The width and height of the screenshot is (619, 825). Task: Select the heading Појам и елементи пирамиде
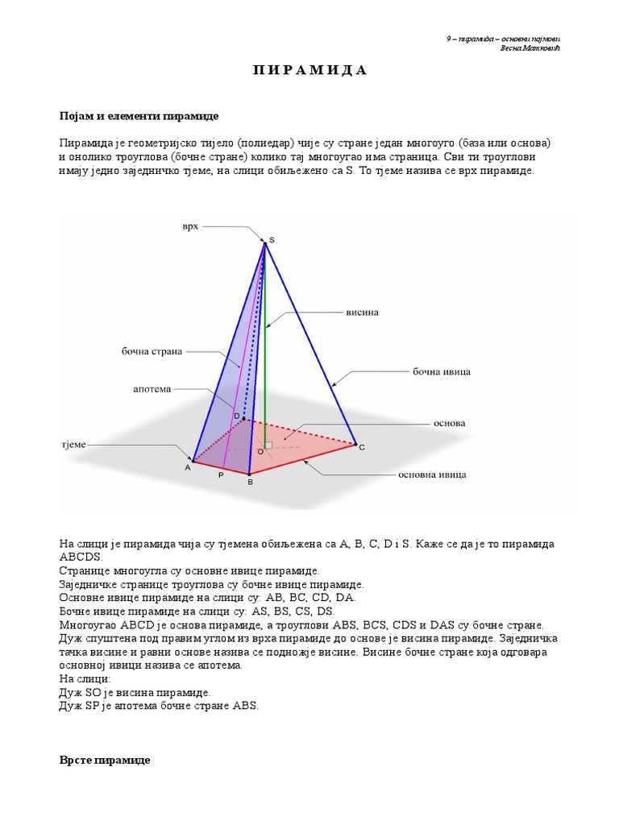tap(139, 116)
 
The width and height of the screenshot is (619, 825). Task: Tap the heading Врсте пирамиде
tap(104, 760)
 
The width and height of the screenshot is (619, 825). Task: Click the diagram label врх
tap(189, 227)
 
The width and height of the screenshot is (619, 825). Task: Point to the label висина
tap(362, 311)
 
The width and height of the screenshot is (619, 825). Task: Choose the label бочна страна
tap(152, 351)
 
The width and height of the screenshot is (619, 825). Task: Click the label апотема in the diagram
tap(152, 389)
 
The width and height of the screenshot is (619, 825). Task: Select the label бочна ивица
tap(441, 372)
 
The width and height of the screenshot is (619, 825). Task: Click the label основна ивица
tap(432, 475)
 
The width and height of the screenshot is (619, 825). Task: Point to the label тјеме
tap(73, 444)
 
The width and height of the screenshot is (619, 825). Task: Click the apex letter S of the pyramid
tap(272, 240)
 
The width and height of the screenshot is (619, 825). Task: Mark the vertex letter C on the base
tap(362, 447)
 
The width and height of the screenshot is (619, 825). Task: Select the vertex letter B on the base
tap(250, 482)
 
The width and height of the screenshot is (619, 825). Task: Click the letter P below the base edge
tap(220, 476)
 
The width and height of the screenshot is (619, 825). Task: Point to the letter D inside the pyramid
tap(237, 416)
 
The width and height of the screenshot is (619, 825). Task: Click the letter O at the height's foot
tap(260, 453)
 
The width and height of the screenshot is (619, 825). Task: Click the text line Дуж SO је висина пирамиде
tap(135, 692)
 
